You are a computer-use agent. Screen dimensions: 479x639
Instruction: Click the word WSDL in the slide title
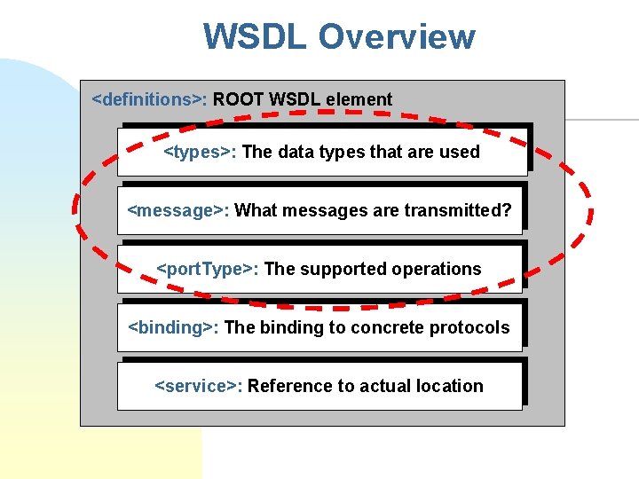click(256, 37)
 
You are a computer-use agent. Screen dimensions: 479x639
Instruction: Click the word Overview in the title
click(397, 37)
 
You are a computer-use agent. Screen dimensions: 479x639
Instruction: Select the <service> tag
click(199, 386)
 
